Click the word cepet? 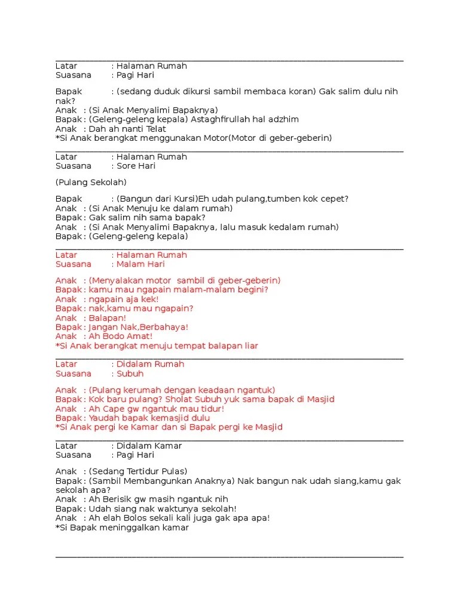[x=335, y=199]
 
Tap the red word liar [x=249, y=346]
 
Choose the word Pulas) [x=173, y=471]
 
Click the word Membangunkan [x=148, y=481]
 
